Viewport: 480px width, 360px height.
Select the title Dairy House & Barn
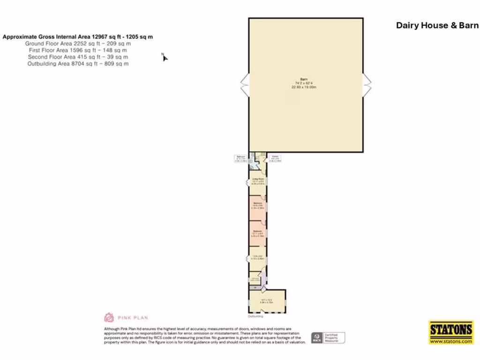tap(437, 25)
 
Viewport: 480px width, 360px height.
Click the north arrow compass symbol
tap(165, 57)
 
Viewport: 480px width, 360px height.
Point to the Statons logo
tap(451, 330)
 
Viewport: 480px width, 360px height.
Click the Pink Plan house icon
tap(109, 317)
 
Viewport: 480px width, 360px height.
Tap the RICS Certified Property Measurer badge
tap(328, 337)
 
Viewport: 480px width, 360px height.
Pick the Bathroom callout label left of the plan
tap(240, 158)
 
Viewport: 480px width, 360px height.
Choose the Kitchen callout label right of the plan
tap(275, 158)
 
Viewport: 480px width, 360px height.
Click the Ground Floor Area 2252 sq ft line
tap(78, 43)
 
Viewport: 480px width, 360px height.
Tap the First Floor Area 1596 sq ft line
tap(78, 50)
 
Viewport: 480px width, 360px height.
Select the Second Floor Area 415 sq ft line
tap(78, 57)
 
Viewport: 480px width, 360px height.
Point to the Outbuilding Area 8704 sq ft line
tap(78, 63)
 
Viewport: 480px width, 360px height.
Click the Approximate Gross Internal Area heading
tap(78, 37)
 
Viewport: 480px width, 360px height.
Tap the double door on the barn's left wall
tap(245, 85)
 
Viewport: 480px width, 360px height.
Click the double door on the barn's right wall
tap(367, 85)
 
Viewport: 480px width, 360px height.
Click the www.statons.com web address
tap(451, 341)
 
